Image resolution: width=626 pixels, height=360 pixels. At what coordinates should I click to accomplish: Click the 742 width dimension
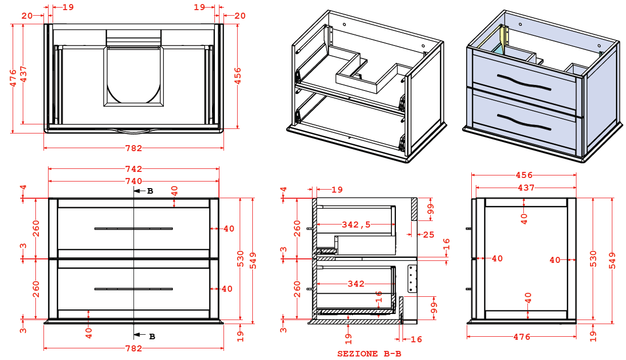pos(133,169)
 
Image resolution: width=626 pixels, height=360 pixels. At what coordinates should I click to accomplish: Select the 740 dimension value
pos(133,181)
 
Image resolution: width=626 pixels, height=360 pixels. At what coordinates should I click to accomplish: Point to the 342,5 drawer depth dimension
pos(356,224)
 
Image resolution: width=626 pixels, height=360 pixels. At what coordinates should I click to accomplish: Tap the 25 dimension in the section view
pos(428,235)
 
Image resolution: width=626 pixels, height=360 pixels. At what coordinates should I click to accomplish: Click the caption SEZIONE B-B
pos(369,354)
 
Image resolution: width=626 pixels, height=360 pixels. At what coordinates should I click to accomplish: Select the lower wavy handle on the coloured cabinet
pos(523,122)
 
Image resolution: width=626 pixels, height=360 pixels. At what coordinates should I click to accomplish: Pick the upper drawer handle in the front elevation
pos(133,229)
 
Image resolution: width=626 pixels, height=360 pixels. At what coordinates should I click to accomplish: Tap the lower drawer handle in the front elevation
pos(133,289)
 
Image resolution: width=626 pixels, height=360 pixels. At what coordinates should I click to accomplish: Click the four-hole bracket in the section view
pos(412,279)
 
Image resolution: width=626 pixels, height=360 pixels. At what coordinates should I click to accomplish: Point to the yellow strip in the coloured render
pos(504,38)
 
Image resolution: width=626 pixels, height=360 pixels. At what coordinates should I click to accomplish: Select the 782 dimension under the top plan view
pos(133,148)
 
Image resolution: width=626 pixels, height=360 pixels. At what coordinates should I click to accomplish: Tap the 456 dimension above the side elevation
pos(524,175)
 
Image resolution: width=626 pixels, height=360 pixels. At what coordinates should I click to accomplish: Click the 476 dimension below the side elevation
pos(522,337)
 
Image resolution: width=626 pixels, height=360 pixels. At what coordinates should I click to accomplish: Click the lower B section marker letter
pos(152,336)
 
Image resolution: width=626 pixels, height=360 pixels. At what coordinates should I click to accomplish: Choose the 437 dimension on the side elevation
pos(526,188)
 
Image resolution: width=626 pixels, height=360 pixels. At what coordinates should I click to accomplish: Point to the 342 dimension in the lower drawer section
pos(356,284)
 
